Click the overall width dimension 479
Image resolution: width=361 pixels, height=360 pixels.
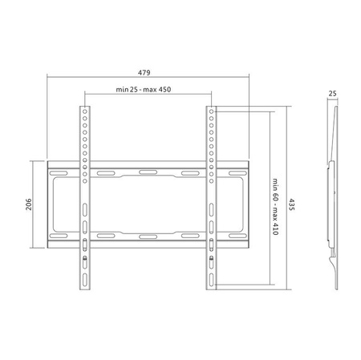tap(148, 71)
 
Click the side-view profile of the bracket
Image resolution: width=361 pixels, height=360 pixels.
tap(332, 192)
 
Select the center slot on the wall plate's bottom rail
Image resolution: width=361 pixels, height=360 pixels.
tap(148, 237)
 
